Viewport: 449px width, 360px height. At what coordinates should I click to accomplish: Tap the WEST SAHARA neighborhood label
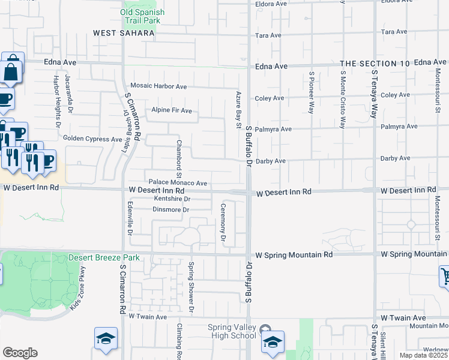(x=124, y=34)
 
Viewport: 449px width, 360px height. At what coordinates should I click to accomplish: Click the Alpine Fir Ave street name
(x=172, y=110)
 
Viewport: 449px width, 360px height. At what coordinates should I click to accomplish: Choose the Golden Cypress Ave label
(x=97, y=139)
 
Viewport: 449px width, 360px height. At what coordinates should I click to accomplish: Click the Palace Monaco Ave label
(x=178, y=183)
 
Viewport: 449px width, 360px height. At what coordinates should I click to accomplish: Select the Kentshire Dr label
(x=172, y=199)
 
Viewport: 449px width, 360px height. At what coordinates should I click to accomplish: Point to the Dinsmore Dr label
(x=172, y=210)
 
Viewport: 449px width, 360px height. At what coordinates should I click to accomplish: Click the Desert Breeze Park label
(x=104, y=257)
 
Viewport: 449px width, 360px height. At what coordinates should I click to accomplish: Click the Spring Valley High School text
(x=232, y=331)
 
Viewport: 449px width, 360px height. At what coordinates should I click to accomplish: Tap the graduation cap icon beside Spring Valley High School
(x=273, y=342)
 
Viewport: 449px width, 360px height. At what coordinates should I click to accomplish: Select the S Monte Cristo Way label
(x=342, y=100)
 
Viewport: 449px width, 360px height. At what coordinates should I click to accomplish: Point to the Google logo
(x=20, y=353)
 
